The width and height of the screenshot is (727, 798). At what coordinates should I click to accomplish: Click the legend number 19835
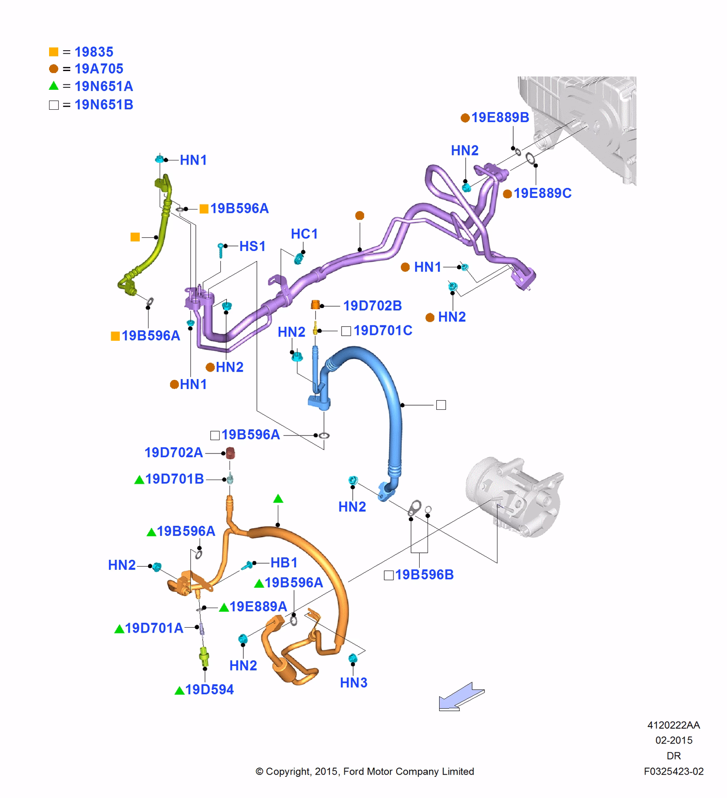click(94, 52)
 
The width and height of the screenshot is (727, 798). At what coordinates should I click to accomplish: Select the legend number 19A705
click(99, 69)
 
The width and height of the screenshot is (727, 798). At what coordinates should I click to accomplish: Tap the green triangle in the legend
click(54, 86)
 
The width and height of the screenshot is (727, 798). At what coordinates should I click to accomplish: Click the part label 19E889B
click(500, 118)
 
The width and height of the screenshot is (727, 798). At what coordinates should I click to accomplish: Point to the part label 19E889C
click(542, 193)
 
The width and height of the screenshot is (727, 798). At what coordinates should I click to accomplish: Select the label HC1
click(304, 234)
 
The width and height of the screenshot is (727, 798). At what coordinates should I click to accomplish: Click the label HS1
click(252, 246)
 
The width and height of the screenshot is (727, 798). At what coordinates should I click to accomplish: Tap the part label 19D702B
click(372, 306)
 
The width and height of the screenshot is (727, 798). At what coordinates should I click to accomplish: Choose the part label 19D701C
click(383, 330)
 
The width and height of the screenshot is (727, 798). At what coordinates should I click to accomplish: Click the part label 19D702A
click(173, 453)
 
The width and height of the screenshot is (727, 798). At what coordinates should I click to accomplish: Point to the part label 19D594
click(209, 690)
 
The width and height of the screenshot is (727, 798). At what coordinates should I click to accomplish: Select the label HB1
click(284, 563)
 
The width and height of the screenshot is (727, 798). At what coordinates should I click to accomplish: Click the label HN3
click(354, 682)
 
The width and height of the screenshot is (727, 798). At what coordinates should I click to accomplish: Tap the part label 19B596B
click(424, 575)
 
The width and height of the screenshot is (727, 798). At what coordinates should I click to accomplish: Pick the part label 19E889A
click(258, 607)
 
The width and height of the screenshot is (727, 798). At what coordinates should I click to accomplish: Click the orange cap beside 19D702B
click(315, 305)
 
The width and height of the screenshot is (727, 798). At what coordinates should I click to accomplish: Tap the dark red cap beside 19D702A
click(230, 453)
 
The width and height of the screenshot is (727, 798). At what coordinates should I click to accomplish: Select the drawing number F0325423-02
click(673, 771)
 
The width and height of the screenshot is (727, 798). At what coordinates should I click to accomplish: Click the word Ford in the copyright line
click(354, 771)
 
